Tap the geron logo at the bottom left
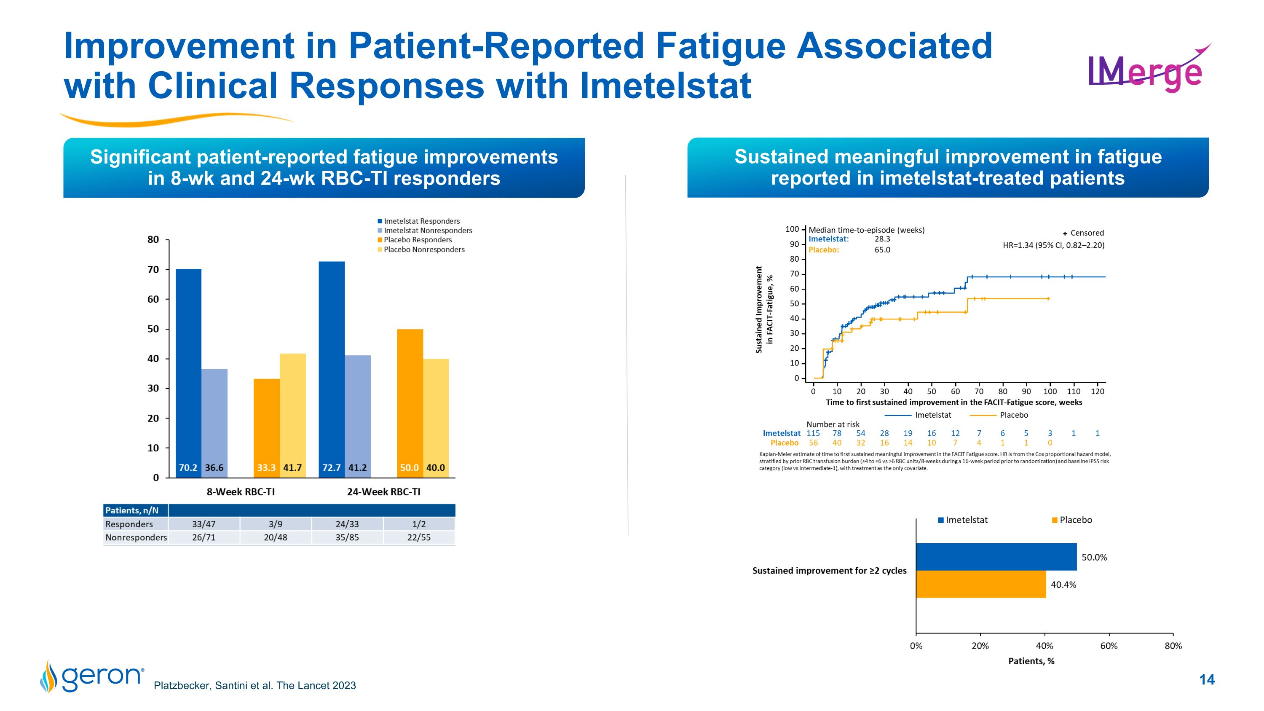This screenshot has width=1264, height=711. pyautogui.click(x=93, y=676)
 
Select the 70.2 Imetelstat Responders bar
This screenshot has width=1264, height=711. pyautogui.click(x=188, y=373)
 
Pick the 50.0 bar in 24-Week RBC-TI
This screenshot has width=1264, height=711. pyautogui.click(x=410, y=403)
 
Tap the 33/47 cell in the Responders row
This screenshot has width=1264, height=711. pyautogui.click(x=204, y=524)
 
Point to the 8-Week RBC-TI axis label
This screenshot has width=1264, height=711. pyautogui.click(x=241, y=492)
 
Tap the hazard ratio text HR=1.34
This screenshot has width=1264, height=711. pyautogui.click(x=1053, y=245)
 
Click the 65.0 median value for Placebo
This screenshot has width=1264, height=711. pyautogui.click(x=882, y=250)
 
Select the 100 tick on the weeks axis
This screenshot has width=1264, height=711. pyautogui.click(x=1050, y=392)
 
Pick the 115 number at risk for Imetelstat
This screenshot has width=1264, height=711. pyautogui.click(x=813, y=433)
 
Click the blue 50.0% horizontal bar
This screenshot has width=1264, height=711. pyautogui.click(x=996, y=557)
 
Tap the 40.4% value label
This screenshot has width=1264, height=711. pyautogui.click(x=1063, y=585)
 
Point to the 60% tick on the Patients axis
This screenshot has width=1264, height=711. pyautogui.click(x=1109, y=646)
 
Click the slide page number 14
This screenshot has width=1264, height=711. pyautogui.click(x=1207, y=679)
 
